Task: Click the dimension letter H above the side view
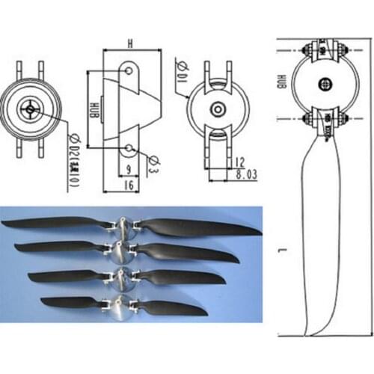[129, 44]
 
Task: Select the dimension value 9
[128, 168]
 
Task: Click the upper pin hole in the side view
[130, 72]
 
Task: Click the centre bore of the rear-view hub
[217, 108]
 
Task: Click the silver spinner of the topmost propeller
[123, 226]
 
